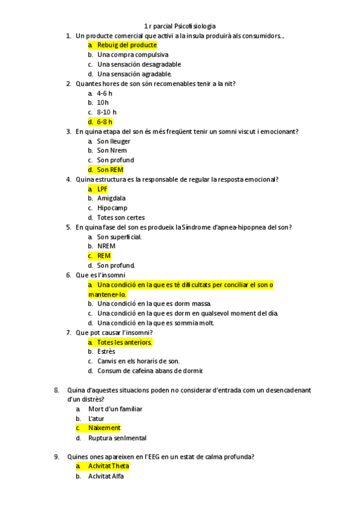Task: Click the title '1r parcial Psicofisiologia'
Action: click(180, 26)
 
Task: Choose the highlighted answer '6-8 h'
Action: click(105, 121)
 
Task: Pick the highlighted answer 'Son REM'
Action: click(110, 170)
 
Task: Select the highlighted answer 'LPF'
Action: click(102, 189)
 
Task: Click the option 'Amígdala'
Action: click(111, 198)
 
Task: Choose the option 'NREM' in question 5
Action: click(106, 246)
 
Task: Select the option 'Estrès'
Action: click(106, 351)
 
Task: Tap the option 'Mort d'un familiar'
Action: click(115, 409)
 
